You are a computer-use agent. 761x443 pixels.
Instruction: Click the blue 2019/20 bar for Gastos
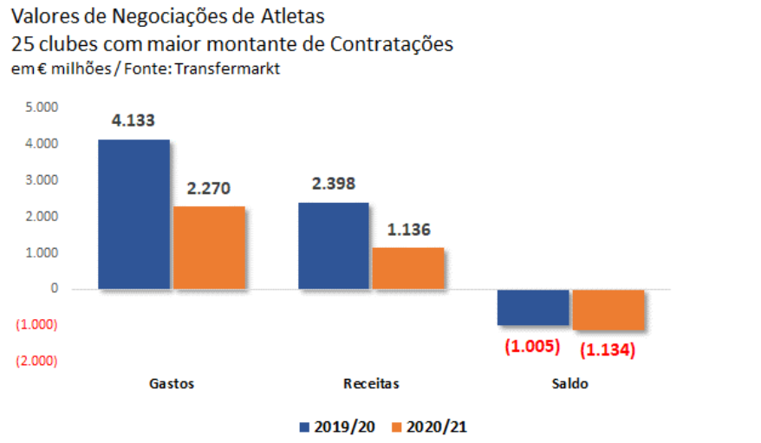[x=133, y=213]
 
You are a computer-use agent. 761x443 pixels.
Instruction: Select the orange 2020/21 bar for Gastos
[x=208, y=247]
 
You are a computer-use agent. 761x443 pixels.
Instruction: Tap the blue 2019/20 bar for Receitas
[x=334, y=245]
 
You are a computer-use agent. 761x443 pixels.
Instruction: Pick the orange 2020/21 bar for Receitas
[x=408, y=268]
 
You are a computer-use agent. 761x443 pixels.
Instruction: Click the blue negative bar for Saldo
[x=533, y=308]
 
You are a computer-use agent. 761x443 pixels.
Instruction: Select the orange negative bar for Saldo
[x=608, y=309]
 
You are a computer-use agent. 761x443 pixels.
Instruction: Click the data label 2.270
[x=208, y=188]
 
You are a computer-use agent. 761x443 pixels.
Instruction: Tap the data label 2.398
[x=333, y=184]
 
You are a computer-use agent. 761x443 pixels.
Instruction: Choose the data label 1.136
[x=408, y=231]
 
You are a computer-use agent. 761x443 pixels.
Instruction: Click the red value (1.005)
[x=532, y=346]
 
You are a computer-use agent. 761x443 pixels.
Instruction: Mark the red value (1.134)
[x=608, y=350]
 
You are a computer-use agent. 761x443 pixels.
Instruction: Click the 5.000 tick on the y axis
[x=40, y=107]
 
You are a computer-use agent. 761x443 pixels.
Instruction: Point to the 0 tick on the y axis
[x=53, y=289]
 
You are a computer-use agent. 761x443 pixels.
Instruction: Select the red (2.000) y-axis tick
[x=36, y=361]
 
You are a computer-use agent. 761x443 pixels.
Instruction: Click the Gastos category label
[x=171, y=383]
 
